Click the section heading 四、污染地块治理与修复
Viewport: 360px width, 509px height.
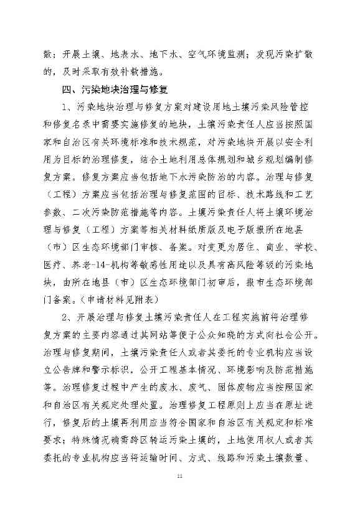click(x=116, y=89)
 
